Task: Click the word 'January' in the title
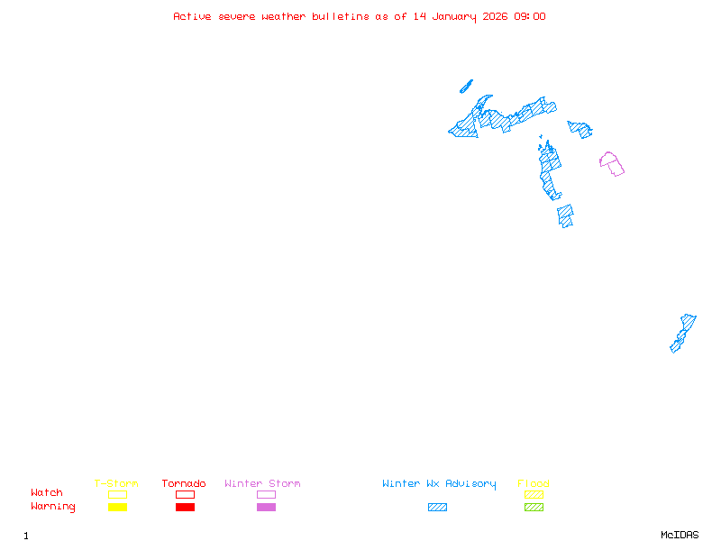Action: tap(454, 17)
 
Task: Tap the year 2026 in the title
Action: tap(495, 16)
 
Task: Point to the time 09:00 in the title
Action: tap(530, 16)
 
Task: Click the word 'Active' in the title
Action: tap(192, 16)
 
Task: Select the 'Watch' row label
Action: tap(47, 492)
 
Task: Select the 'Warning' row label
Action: tap(53, 507)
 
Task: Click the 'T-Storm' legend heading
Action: tap(116, 483)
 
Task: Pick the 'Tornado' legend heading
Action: tap(184, 483)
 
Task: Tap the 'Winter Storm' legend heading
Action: tap(262, 483)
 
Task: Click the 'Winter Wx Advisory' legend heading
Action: tap(439, 484)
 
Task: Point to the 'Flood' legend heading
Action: tap(534, 483)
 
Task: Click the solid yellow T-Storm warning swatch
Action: tap(118, 507)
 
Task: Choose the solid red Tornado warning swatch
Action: tap(186, 507)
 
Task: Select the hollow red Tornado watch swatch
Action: tap(186, 494)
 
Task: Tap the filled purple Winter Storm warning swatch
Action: tap(266, 507)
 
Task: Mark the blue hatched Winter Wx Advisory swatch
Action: tap(437, 507)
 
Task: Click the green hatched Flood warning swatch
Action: tap(534, 507)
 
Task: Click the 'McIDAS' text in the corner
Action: tap(680, 535)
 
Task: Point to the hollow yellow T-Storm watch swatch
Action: tap(118, 494)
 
